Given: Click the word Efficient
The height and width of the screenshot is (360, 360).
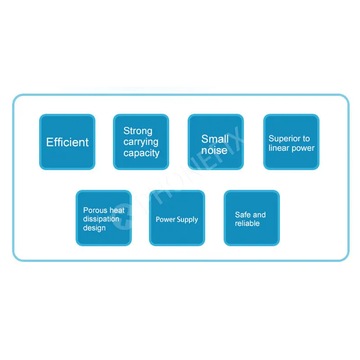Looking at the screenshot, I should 67,142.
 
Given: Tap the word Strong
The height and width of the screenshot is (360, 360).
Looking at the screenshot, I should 138,131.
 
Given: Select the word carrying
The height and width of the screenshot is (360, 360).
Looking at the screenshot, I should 141,142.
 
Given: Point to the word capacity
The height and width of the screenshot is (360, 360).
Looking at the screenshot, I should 141,153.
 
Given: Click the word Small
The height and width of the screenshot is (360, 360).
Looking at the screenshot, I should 215,139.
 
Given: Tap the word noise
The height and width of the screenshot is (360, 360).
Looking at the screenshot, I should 214,150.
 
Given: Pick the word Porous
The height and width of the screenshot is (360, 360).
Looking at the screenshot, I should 95,210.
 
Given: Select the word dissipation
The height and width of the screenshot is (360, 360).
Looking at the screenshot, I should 101,219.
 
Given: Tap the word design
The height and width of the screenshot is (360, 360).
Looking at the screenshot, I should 94,228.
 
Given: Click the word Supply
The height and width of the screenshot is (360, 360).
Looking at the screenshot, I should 187,220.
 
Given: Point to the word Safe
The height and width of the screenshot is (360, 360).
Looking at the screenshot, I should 243,215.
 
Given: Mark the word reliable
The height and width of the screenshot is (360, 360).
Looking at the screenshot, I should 247,223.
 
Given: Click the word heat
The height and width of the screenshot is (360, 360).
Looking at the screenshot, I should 117,210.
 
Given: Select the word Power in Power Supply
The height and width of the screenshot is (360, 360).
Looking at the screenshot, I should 166,220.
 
